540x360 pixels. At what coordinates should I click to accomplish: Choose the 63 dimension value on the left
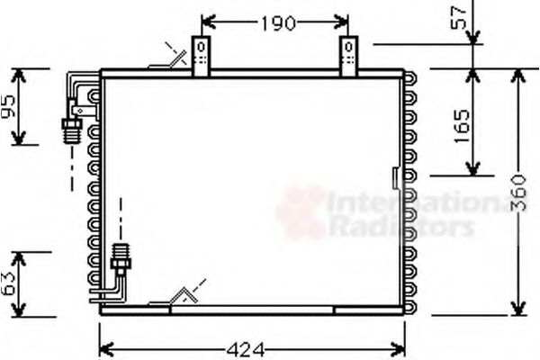9,284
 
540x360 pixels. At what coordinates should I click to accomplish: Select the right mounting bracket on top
348,55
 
